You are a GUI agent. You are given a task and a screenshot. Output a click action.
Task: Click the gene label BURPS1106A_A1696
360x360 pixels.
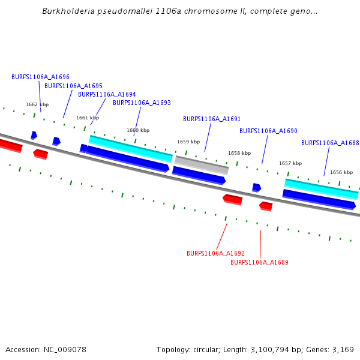[40, 77]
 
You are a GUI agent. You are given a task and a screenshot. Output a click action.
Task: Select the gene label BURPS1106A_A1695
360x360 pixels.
[73, 86]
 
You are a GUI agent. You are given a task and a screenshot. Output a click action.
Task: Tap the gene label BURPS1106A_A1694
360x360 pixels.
[107, 94]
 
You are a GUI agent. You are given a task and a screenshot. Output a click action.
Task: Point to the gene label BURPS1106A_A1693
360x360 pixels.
[142, 103]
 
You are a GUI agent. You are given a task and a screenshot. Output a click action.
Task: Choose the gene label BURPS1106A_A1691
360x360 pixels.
[212, 119]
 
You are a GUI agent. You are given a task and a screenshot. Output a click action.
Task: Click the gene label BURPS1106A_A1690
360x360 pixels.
[268, 131]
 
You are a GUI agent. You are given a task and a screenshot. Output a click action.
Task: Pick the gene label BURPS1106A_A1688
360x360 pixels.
[330, 143]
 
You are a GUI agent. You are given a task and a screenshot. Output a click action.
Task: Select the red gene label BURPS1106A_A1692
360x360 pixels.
[215, 253]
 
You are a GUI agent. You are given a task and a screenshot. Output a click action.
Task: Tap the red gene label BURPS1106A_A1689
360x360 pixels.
[259, 262]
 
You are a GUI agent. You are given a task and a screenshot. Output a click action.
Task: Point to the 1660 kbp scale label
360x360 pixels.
[138, 130]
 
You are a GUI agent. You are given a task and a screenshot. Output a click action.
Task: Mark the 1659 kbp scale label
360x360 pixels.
[188, 142]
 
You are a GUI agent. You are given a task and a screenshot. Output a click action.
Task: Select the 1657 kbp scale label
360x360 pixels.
[290, 163]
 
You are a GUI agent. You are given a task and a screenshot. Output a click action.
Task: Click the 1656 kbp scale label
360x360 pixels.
[341, 172]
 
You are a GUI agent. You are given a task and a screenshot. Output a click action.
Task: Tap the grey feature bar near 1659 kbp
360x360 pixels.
[202, 164]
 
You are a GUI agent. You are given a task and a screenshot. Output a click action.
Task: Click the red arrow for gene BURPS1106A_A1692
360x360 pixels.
[232, 199]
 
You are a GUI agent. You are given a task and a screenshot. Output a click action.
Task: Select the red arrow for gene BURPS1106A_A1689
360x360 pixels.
[266, 206]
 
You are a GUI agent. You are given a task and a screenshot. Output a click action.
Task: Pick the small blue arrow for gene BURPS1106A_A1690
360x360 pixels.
[256, 187]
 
